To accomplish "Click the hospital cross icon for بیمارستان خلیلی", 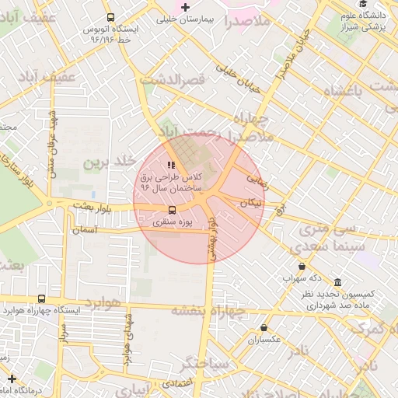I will click(x=184, y=8).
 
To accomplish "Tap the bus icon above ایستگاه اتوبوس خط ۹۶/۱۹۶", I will click(x=110, y=16).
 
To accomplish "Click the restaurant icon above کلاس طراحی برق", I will click(x=171, y=164).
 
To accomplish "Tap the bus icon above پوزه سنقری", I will click(x=172, y=209).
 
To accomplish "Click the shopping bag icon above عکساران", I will click(x=264, y=327).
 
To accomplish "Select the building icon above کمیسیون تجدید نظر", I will click(x=337, y=283).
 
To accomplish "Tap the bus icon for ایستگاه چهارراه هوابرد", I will click(x=41, y=298).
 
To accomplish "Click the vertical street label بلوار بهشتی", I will click(x=217, y=238).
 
